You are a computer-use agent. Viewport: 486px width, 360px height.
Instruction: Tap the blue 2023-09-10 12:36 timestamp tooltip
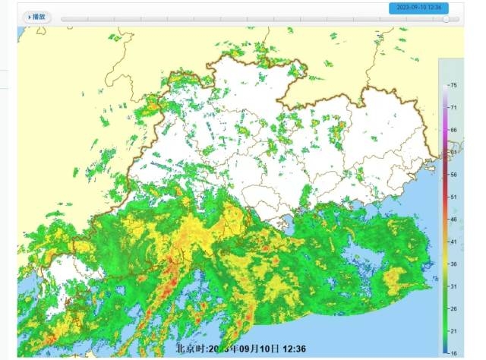418,8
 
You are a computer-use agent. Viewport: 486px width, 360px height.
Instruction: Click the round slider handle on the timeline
446,19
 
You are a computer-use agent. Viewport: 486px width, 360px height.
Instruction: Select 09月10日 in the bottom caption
268,349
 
